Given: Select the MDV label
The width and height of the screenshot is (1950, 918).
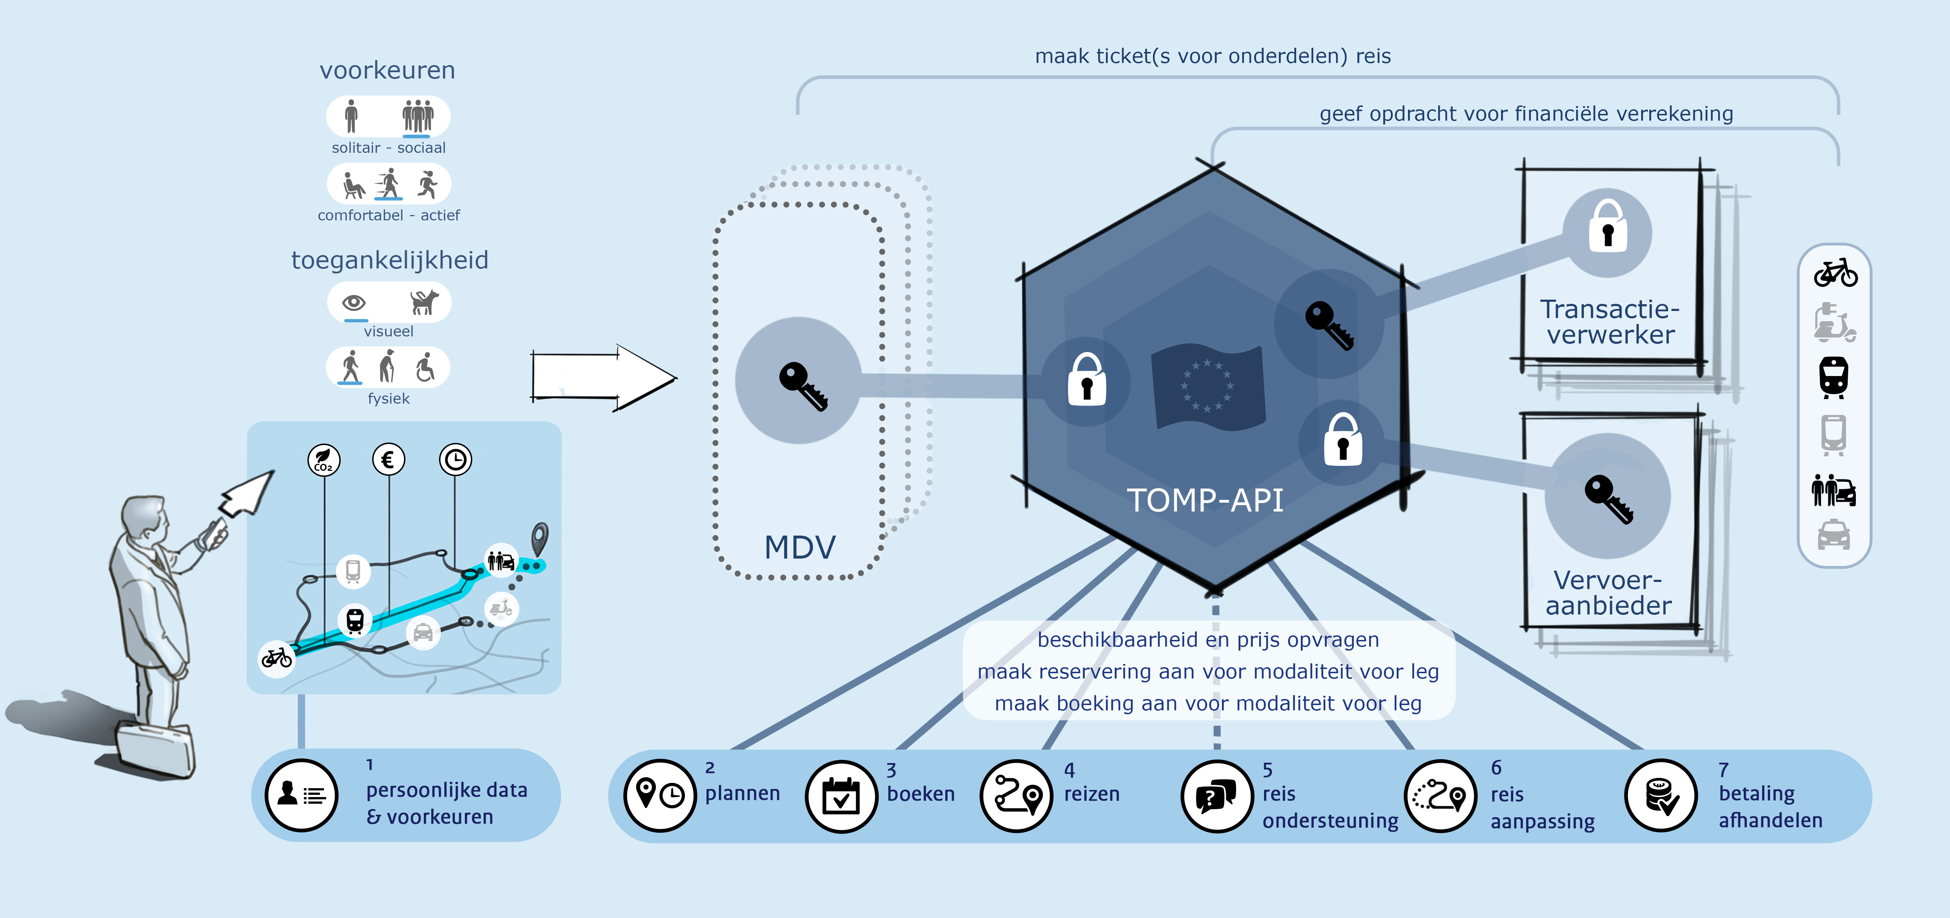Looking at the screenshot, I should tap(800, 547).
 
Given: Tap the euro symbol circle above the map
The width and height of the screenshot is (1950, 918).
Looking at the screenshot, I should tap(388, 460).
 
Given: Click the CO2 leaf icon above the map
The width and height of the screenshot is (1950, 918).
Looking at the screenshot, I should tap(324, 460).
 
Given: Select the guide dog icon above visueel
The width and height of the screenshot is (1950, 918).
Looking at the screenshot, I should tap(424, 302).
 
